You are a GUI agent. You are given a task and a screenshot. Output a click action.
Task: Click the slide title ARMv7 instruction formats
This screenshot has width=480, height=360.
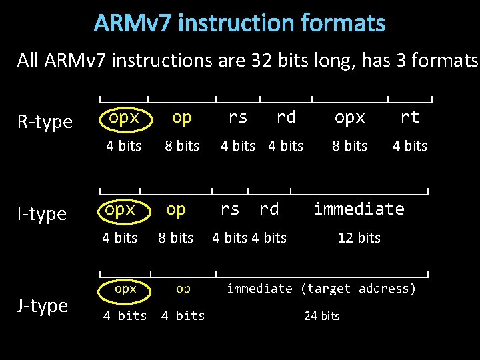[239, 23]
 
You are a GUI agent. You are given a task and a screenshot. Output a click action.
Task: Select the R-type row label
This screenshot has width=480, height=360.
[45, 122]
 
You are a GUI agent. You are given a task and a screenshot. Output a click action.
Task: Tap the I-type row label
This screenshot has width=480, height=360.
[42, 214]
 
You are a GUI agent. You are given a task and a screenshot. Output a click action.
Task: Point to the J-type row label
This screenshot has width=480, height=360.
[43, 306]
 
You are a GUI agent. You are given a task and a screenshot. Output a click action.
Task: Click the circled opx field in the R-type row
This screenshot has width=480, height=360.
[124, 117]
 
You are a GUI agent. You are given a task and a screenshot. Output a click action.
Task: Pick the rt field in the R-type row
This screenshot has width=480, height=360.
[409, 117]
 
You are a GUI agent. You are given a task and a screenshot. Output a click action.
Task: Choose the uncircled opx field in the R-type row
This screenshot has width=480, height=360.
[350, 117]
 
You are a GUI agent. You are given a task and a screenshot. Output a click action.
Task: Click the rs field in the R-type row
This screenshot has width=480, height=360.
[238, 117]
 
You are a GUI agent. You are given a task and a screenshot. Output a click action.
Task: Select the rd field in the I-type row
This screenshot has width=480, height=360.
[269, 209]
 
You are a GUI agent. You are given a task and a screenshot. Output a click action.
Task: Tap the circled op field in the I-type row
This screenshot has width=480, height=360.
[176, 209]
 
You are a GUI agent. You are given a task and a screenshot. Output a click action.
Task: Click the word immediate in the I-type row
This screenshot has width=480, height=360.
[359, 209]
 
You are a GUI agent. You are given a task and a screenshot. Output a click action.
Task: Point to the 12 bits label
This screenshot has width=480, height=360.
[359, 238]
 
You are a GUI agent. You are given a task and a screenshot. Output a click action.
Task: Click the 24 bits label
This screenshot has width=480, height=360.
[321, 316]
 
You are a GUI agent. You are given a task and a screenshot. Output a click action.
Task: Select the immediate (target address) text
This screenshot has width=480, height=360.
[321, 289]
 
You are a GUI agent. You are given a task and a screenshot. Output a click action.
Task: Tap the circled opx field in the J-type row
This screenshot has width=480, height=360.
[125, 289]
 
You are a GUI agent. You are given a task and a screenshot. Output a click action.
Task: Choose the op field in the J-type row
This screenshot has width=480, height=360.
[183, 289]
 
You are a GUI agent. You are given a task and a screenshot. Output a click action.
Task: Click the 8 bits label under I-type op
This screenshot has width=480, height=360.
[175, 238]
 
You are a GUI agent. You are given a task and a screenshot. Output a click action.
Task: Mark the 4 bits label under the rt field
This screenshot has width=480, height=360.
[409, 146]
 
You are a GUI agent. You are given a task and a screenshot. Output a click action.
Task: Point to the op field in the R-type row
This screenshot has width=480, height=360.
[181, 117]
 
